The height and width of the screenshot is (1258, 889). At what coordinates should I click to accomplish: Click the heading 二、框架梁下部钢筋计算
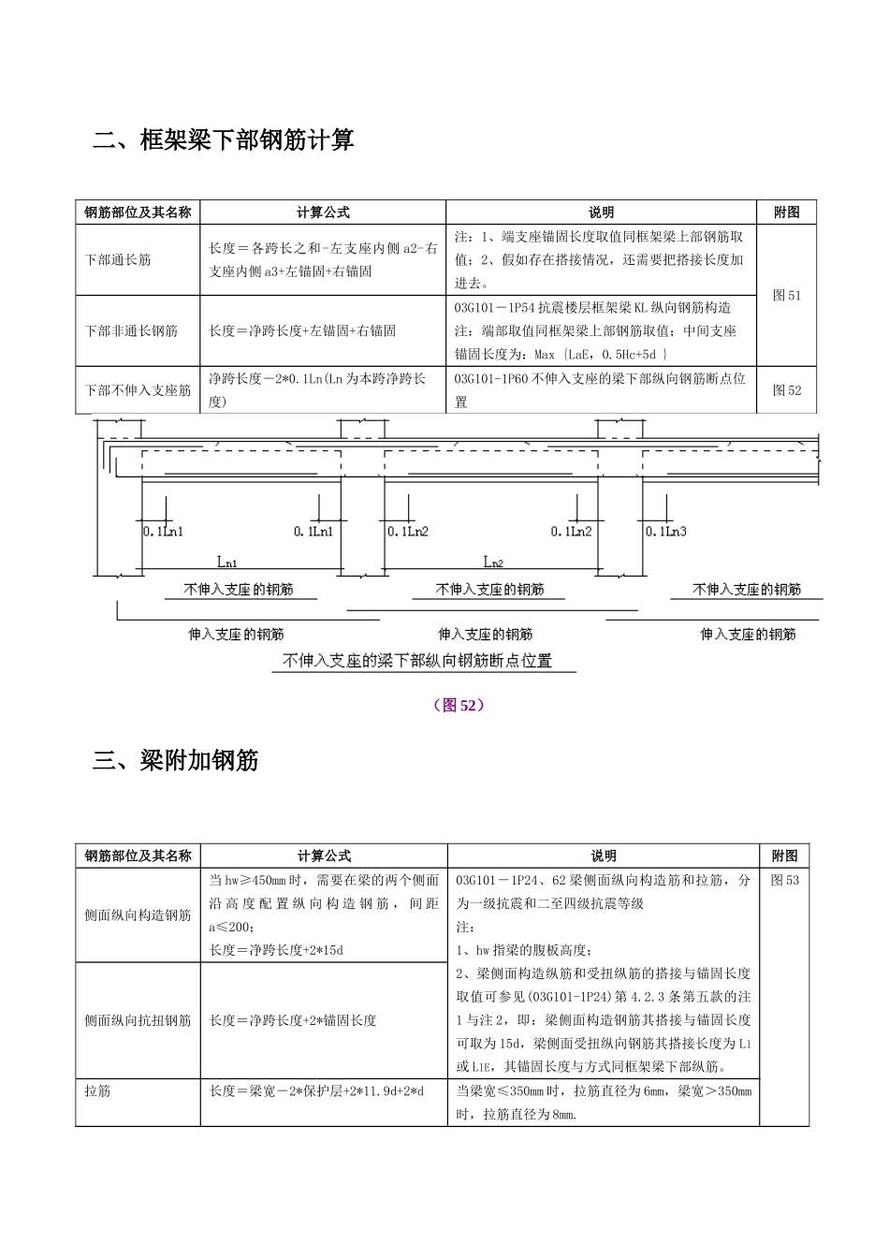224,140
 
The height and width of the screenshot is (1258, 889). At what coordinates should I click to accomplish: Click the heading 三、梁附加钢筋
176,760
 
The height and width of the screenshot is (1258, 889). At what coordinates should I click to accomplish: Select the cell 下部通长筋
118,259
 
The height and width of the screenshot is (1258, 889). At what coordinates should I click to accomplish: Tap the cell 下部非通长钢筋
131,330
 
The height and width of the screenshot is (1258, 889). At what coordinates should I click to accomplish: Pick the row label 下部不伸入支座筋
138,390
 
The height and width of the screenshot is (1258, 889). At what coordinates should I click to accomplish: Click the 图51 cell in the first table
787,295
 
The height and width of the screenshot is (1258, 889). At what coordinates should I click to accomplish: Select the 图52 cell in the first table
787,390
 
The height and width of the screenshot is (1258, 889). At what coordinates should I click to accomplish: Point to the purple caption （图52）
459,705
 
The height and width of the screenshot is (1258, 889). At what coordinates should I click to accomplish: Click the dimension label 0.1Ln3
665,532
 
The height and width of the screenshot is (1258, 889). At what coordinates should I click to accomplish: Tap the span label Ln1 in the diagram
227,563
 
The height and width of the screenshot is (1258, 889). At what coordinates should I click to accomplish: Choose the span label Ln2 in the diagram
493,563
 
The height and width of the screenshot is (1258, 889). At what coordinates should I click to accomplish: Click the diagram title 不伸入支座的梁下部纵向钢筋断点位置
417,661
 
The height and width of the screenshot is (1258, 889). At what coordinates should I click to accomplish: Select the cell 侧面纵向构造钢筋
138,914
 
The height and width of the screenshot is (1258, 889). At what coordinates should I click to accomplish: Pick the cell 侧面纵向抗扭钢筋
138,1020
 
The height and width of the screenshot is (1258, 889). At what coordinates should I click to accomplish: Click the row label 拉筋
97,1090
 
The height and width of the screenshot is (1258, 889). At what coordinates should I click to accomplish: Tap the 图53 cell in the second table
785,880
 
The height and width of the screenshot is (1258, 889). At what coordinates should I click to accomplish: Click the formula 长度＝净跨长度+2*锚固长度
293,1020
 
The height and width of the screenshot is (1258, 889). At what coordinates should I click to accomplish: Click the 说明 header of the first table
601,212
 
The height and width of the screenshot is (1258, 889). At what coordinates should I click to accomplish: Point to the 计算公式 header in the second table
324,856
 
